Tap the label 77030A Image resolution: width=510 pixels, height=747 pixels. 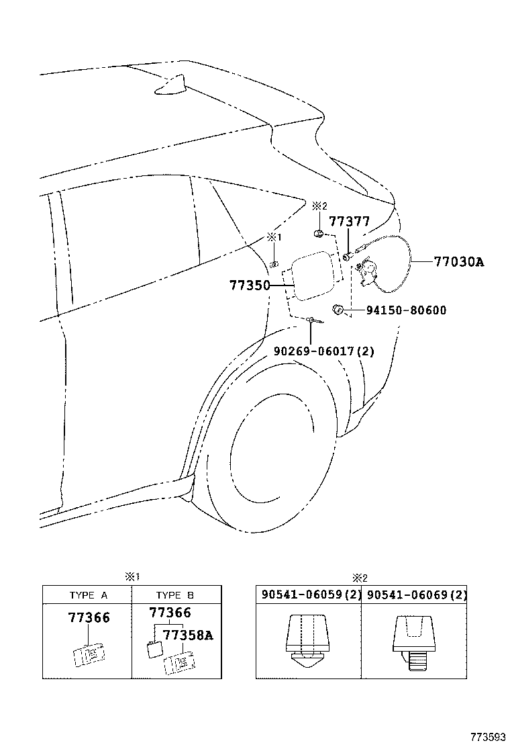[x=458, y=262]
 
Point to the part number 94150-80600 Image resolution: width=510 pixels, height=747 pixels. [x=406, y=310]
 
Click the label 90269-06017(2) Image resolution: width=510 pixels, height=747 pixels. [x=324, y=351]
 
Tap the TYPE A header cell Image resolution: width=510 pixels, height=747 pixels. [x=88, y=595]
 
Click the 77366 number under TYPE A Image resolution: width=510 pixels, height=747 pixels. [x=89, y=618]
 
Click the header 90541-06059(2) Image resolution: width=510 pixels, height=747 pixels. [x=309, y=595]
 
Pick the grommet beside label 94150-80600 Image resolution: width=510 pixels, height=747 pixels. [x=339, y=309]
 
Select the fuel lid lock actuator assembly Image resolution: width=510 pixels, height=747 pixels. [x=368, y=273]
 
